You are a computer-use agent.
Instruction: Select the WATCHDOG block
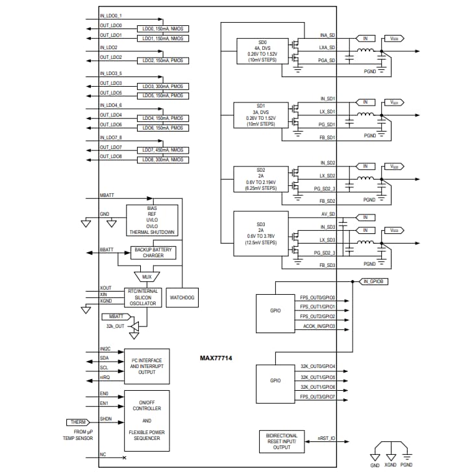pyautogui.click(x=182, y=298)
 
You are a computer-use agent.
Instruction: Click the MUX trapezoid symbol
pyautogui.click(x=147, y=275)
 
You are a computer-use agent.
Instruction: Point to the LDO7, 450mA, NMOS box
pyautogui.click(x=162, y=150)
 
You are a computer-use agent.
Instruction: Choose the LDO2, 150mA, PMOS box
pyautogui.click(x=162, y=60)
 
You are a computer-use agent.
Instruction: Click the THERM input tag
pyautogui.click(x=79, y=422)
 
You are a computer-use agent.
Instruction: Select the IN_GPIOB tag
pyautogui.click(x=373, y=281)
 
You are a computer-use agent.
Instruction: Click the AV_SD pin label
pyautogui.click(x=327, y=214)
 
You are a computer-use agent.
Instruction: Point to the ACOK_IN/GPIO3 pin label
pyautogui.click(x=317, y=327)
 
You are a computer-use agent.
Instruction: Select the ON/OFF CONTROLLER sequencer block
pyautogui.click(x=147, y=419)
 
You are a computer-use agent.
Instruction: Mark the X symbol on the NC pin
pyautogui.click(x=124, y=458)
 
